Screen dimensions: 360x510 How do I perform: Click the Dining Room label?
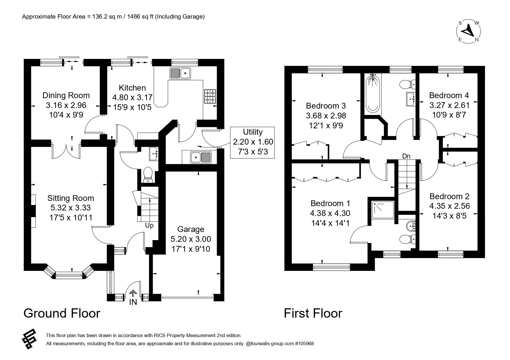(66, 95)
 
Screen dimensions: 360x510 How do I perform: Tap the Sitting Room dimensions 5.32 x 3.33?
(70, 208)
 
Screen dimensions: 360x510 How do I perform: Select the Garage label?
(191, 229)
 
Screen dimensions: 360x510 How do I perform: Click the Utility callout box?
(252, 142)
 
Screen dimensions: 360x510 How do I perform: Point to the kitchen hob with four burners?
(210, 96)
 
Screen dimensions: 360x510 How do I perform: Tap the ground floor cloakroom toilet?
(148, 174)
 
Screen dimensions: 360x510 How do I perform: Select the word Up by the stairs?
(149, 226)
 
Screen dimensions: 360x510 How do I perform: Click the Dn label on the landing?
(406, 156)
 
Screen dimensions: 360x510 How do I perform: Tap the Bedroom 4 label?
(449, 95)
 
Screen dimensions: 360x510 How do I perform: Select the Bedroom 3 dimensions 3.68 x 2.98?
(326, 116)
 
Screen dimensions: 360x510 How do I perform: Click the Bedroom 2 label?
(449, 196)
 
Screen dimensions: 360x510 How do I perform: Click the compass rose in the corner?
(468, 31)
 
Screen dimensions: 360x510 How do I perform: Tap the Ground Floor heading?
(62, 313)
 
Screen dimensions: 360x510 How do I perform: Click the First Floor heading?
(313, 313)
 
